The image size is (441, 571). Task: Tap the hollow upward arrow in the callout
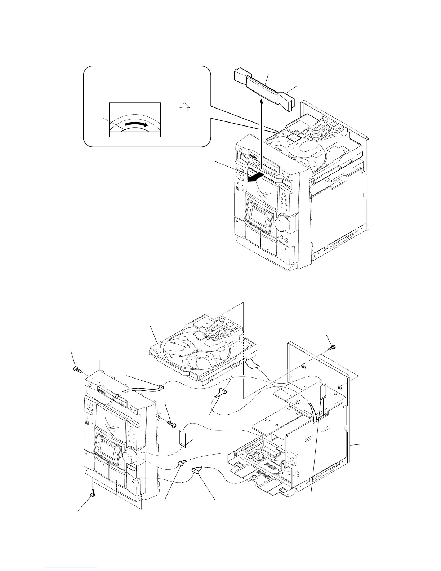click(x=184, y=107)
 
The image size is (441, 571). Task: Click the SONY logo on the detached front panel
click(x=104, y=389)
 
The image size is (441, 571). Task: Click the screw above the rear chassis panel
click(x=333, y=347)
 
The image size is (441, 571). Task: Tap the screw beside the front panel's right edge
click(x=172, y=425)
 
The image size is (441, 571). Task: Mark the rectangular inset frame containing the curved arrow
click(x=135, y=120)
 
